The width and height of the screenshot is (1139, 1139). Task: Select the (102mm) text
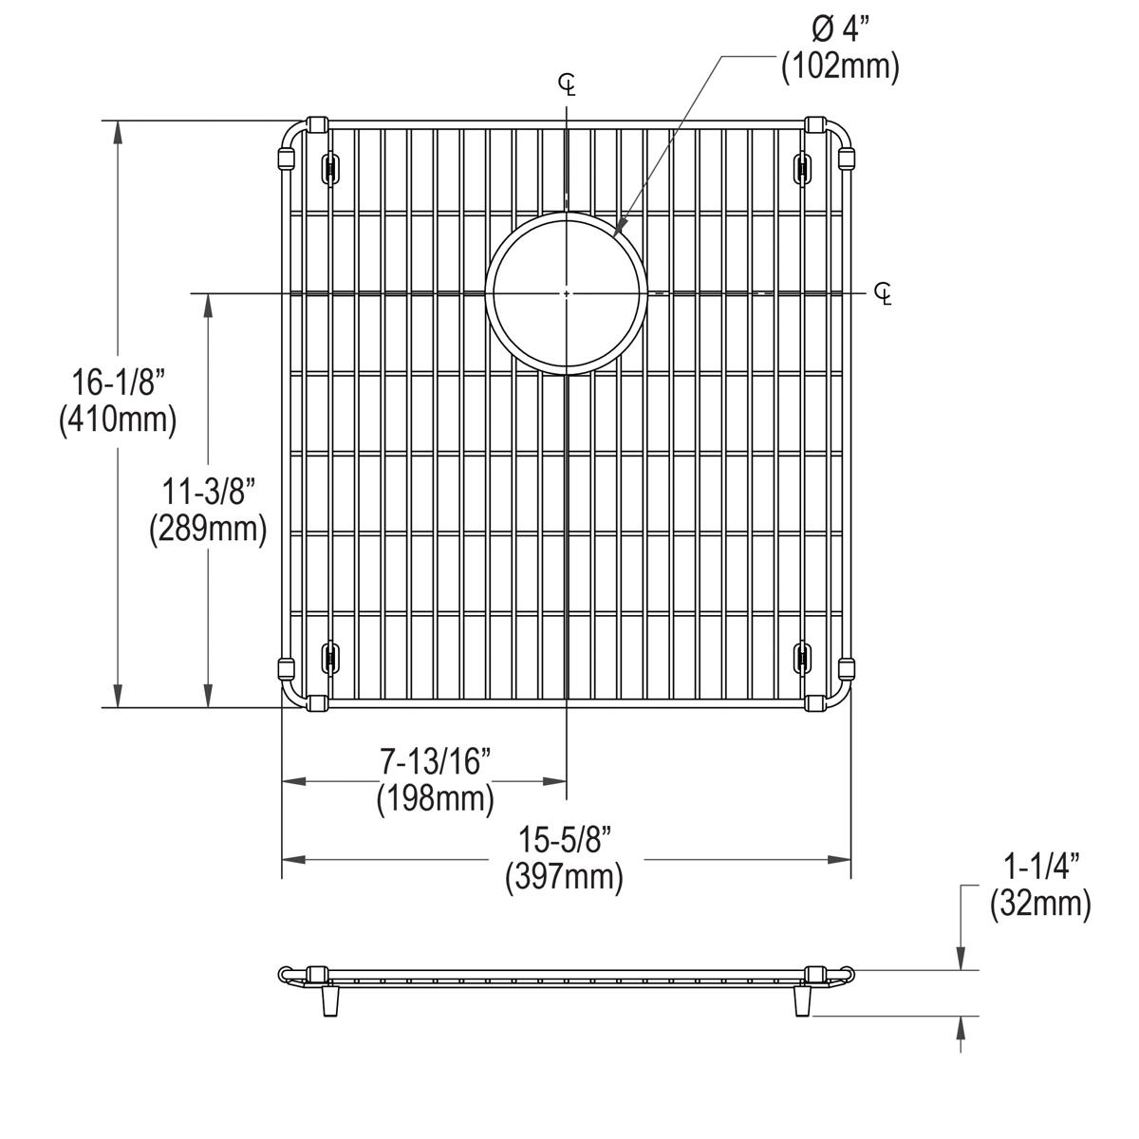tap(839, 67)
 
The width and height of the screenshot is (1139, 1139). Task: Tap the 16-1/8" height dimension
tap(119, 383)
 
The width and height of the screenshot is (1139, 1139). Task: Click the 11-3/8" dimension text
tap(208, 493)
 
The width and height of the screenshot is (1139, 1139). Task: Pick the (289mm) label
tap(208, 528)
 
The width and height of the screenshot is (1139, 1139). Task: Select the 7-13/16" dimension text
tap(436, 761)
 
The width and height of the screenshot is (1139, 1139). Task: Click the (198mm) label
tap(436, 798)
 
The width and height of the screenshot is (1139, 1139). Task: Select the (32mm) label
tap(1040, 904)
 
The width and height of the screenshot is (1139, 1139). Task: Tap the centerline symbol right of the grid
tap(883, 294)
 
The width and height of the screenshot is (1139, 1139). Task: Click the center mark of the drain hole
tap(567, 294)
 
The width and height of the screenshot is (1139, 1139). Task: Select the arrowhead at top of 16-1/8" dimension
tap(118, 132)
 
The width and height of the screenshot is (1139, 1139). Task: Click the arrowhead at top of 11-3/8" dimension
tap(208, 306)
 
